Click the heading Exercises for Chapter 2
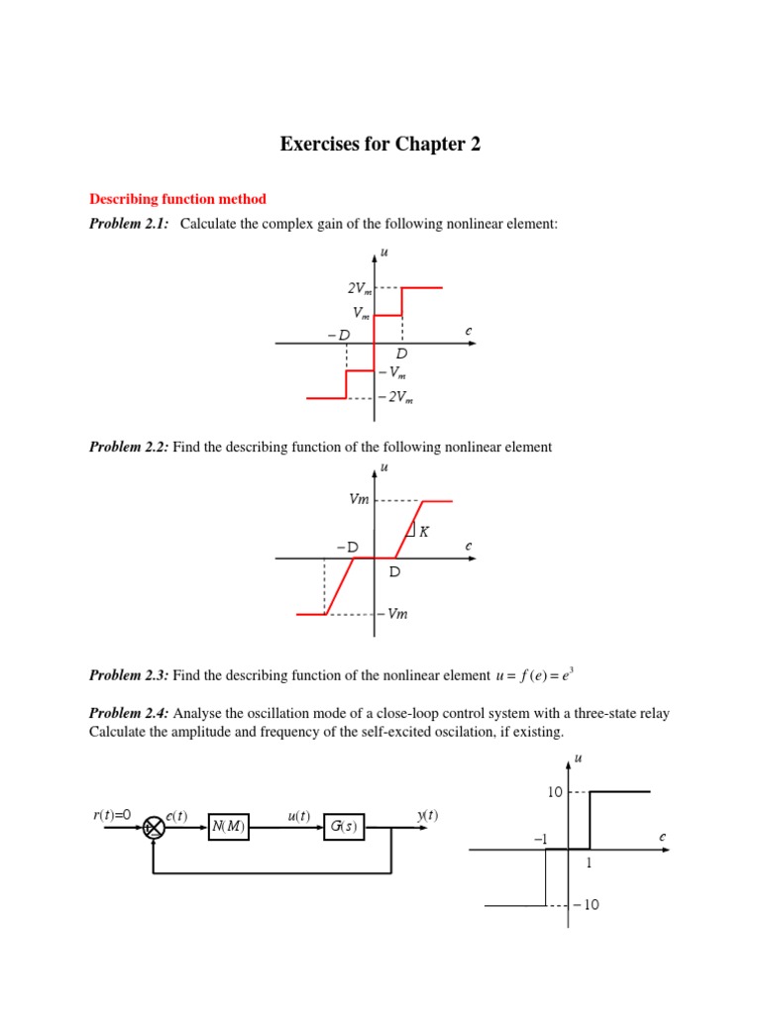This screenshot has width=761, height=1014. pos(380,145)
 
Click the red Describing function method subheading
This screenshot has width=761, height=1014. pos(178,199)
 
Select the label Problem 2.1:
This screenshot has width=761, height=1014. pos(129,225)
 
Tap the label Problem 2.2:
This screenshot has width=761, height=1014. pos(129,447)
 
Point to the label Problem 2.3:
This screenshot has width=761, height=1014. pos(129,675)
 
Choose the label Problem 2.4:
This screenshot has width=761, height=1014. pos(129,713)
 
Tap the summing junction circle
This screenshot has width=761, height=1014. pos(154,828)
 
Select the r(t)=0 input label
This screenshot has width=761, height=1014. pos(112,815)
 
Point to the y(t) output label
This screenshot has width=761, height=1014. pos(427,815)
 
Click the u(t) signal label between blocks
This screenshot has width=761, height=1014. pos(298,815)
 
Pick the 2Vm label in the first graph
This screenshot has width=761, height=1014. pos(359,288)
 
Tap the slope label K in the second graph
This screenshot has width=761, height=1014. pos(424,532)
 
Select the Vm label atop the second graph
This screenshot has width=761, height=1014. pos(359,500)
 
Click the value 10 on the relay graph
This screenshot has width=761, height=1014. pos(555,791)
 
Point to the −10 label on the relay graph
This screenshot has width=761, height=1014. pos(586,905)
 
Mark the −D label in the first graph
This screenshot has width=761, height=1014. pos(338,335)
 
